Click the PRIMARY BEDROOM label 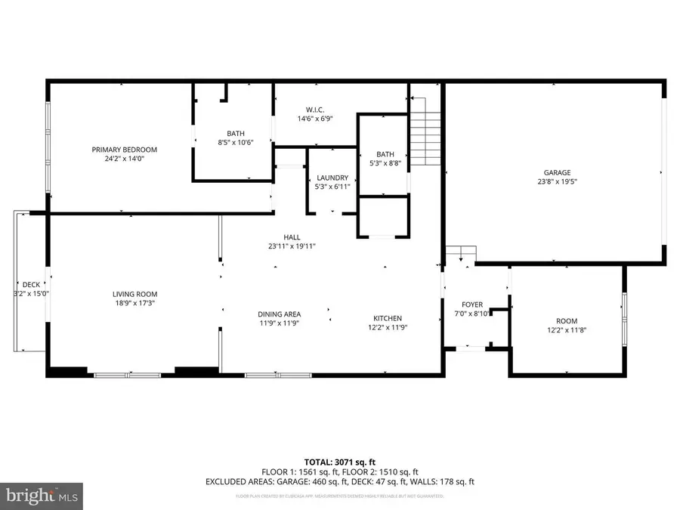[125, 150]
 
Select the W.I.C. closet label [316, 110]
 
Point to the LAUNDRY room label [332, 178]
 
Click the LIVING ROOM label [135, 294]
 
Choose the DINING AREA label [280, 314]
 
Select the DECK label [31, 284]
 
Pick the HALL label [292, 237]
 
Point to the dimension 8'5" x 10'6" [236, 142]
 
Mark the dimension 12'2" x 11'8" [567, 329]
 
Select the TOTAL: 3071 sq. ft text [339, 461]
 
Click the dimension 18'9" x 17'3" [135, 303]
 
